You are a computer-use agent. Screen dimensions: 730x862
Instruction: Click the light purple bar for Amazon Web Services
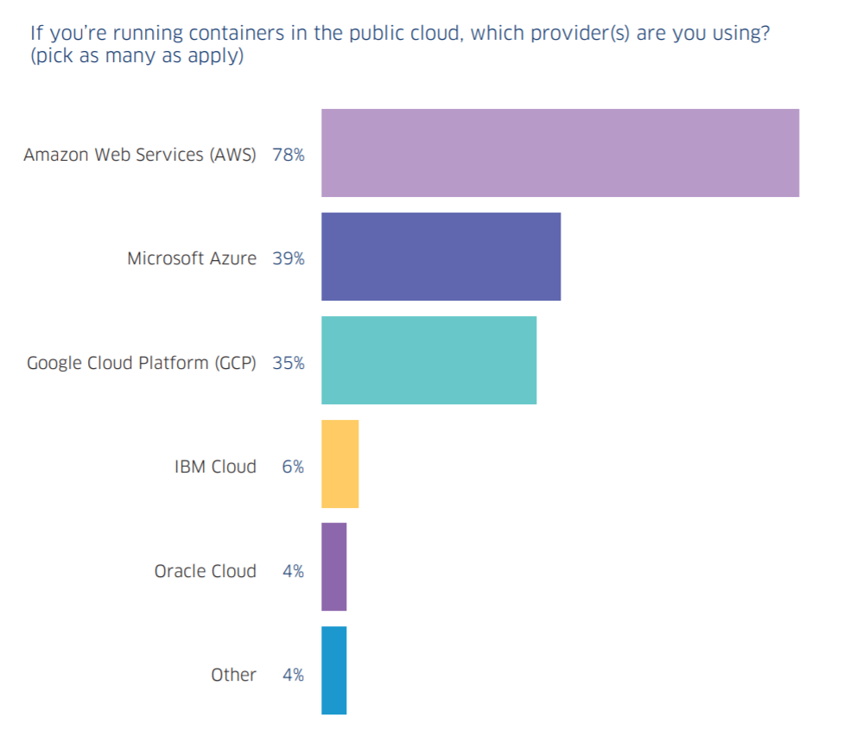[x=560, y=153]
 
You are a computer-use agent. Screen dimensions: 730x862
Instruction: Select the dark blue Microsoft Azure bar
[x=441, y=257]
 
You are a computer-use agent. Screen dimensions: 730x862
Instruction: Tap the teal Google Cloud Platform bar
[x=428, y=360]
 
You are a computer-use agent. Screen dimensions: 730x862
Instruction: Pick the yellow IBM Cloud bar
[x=339, y=464]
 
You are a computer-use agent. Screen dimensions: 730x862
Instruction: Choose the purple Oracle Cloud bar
[x=333, y=567]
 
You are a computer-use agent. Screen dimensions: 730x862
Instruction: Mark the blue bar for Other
[x=333, y=670]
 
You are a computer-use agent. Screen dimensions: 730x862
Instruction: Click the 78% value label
[x=288, y=155]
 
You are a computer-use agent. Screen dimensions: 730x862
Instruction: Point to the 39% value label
[x=288, y=258]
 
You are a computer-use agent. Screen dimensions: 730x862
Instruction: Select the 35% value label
[x=288, y=363]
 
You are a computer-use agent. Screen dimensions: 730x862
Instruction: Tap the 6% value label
[x=293, y=467]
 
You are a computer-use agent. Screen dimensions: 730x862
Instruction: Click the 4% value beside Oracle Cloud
[x=293, y=571]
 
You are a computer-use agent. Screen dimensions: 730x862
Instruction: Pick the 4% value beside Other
[x=293, y=675]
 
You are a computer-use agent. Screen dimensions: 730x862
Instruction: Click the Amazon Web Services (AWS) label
[x=140, y=156]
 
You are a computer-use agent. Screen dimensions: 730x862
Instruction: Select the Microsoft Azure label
[x=192, y=258]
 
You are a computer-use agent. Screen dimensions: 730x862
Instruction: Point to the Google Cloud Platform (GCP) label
[x=142, y=363]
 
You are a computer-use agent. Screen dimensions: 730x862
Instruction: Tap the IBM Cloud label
[x=215, y=467]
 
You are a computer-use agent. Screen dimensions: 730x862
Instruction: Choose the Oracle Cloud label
[x=206, y=571]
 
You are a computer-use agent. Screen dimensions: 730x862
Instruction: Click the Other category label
[x=233, y=675]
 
